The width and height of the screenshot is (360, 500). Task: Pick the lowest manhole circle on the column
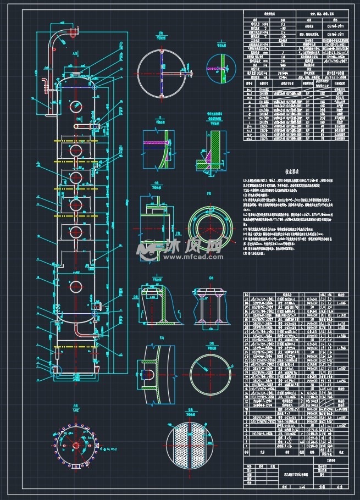point(75,286)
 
